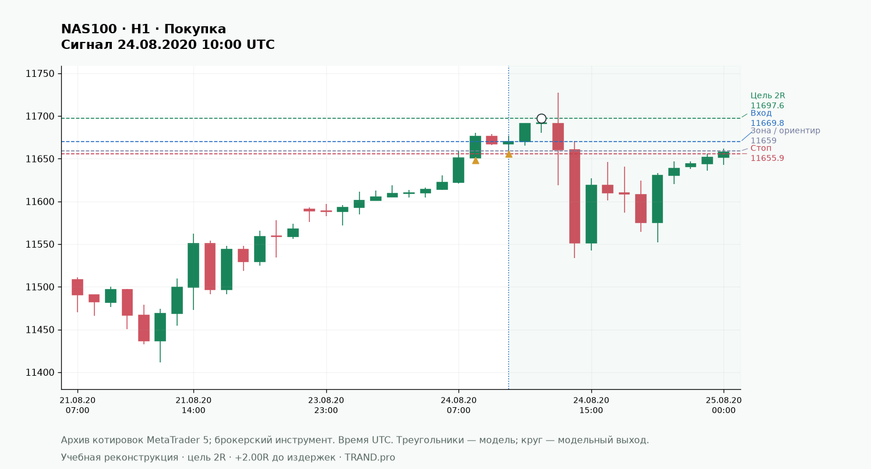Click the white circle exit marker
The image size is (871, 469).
click(x=541, y=119)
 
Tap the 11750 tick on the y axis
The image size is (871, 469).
click(x=40, y=74)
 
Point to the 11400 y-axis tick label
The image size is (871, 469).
click(x=40, y=372)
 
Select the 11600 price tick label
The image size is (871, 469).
click(x=40, y=202)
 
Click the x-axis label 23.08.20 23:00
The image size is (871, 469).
click(x=326, y=405)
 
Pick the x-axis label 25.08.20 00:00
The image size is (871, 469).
click(x=724, y=405)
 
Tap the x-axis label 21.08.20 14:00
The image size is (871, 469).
click(x=193, y=405)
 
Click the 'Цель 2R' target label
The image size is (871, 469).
click(x=767, y=96)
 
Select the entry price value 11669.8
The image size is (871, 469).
click(x=767, y=124)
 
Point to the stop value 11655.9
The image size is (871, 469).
click(x=767, y=158)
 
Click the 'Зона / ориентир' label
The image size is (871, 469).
click(x=785, y=131)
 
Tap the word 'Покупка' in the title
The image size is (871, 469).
click(x=195, y=29)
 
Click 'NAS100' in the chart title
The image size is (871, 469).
click(x=89, y=29)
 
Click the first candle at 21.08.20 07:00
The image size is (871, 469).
click(x=77, y=287)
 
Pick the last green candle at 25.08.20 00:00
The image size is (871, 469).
click(x=724, y=155)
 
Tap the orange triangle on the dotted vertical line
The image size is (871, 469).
click(x=509, y=154)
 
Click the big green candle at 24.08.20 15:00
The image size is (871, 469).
click(x=591, y=214)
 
